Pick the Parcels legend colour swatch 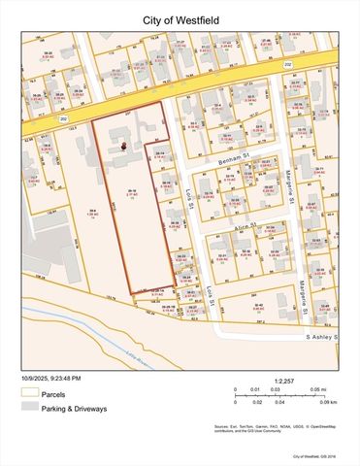30,394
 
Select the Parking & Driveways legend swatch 30,409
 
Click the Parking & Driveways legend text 78,409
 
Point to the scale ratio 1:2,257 285,381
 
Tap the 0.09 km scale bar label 328,401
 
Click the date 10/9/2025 37,378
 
